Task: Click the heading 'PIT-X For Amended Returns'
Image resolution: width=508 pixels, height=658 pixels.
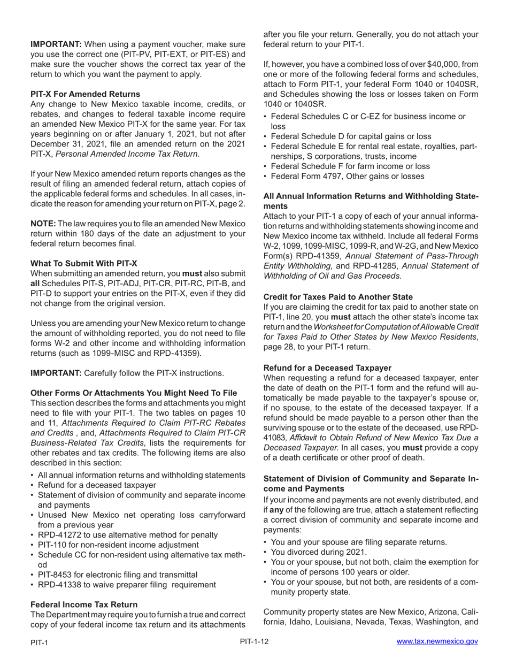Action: (85, 94)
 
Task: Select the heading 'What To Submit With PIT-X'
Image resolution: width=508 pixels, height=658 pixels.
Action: (83, 263)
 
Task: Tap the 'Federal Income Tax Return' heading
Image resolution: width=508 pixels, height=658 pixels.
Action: (84, 605)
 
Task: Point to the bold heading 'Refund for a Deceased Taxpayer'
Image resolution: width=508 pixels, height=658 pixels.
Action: (327, 368)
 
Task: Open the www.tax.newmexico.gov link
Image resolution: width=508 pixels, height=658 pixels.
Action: (437, 641)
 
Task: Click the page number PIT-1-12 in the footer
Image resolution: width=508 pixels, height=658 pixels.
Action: (254, 641)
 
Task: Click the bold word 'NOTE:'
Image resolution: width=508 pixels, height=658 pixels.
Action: (43, 224)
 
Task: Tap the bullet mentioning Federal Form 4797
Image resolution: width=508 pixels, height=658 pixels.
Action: (348, 177)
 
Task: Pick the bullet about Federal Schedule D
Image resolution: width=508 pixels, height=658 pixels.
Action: (351, 136)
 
